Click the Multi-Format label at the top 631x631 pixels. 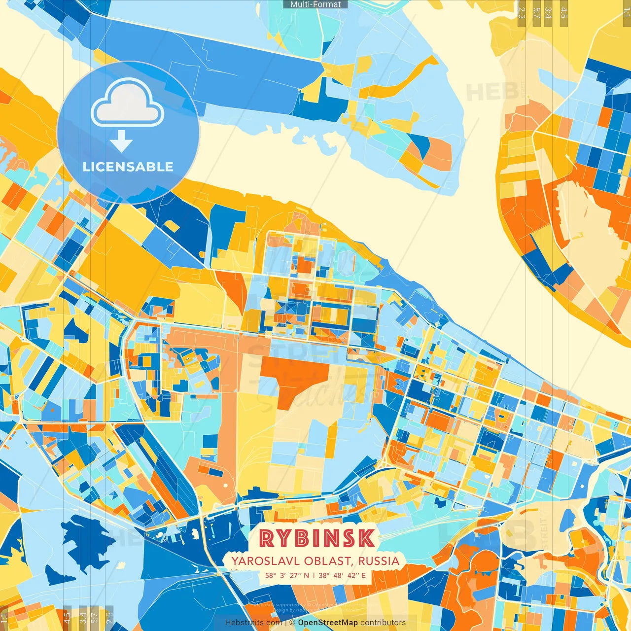(315, 4)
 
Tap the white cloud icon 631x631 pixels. (127, 105)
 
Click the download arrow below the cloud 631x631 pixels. (121, 142)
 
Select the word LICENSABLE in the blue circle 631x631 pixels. (128, 167)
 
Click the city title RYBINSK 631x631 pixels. (316, 538)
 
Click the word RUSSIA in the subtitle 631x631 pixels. (379, 561)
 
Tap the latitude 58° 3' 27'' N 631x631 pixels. (287, 575)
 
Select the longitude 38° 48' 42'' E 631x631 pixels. (342, 575)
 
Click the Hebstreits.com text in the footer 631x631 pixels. (253, 623)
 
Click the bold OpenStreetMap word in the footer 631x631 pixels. (328, 623)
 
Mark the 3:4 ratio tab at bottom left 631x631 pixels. (83, 618)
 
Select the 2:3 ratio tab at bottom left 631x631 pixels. (109, 618)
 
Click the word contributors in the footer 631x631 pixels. (383, 623)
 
